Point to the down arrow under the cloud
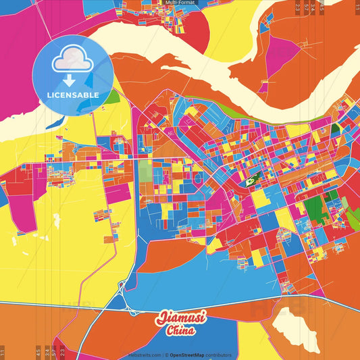pos(70,80)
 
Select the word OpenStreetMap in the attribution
pos(188,355)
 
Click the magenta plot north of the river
pos(278,57)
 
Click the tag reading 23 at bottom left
pos(62,352)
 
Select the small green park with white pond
pos(251,180)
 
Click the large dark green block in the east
pos(315,206)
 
